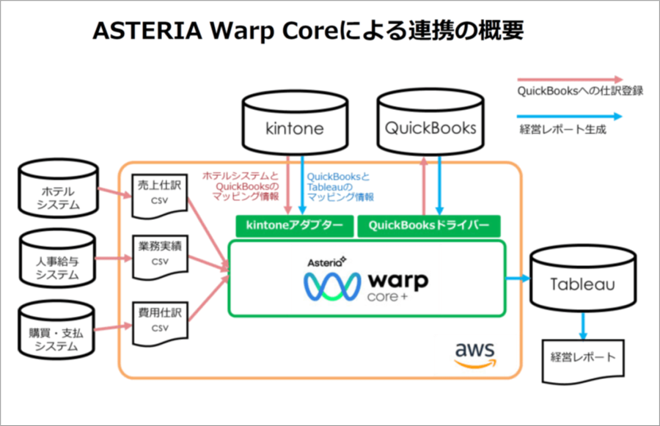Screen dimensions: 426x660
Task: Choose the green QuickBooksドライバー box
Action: pyautogui.click(x=428, y=226)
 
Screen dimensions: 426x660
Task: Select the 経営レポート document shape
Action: pyautogui.click(x=583, y=359)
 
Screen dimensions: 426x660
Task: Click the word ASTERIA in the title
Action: pyautogui.click(x=144, y=32)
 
